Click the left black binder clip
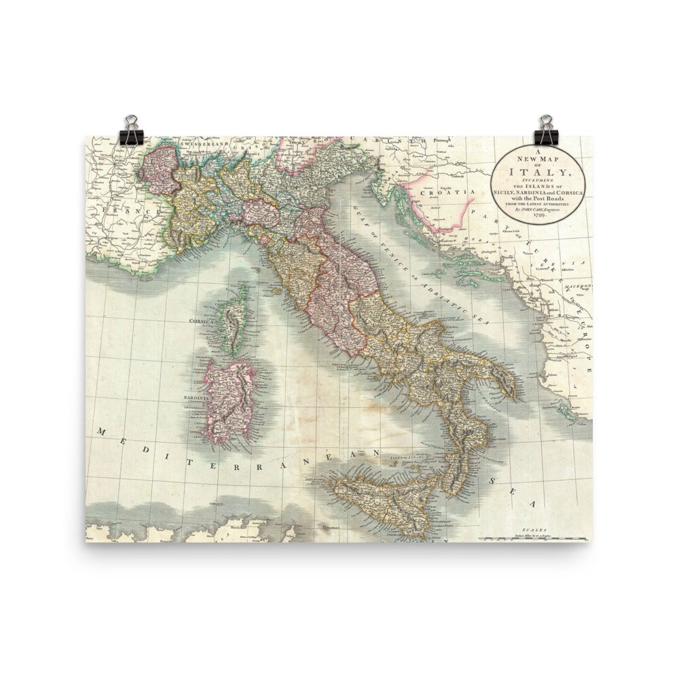[130, 130]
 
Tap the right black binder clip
[547, 130]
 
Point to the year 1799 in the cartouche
[538, 215]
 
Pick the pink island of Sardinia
[231, 401]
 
